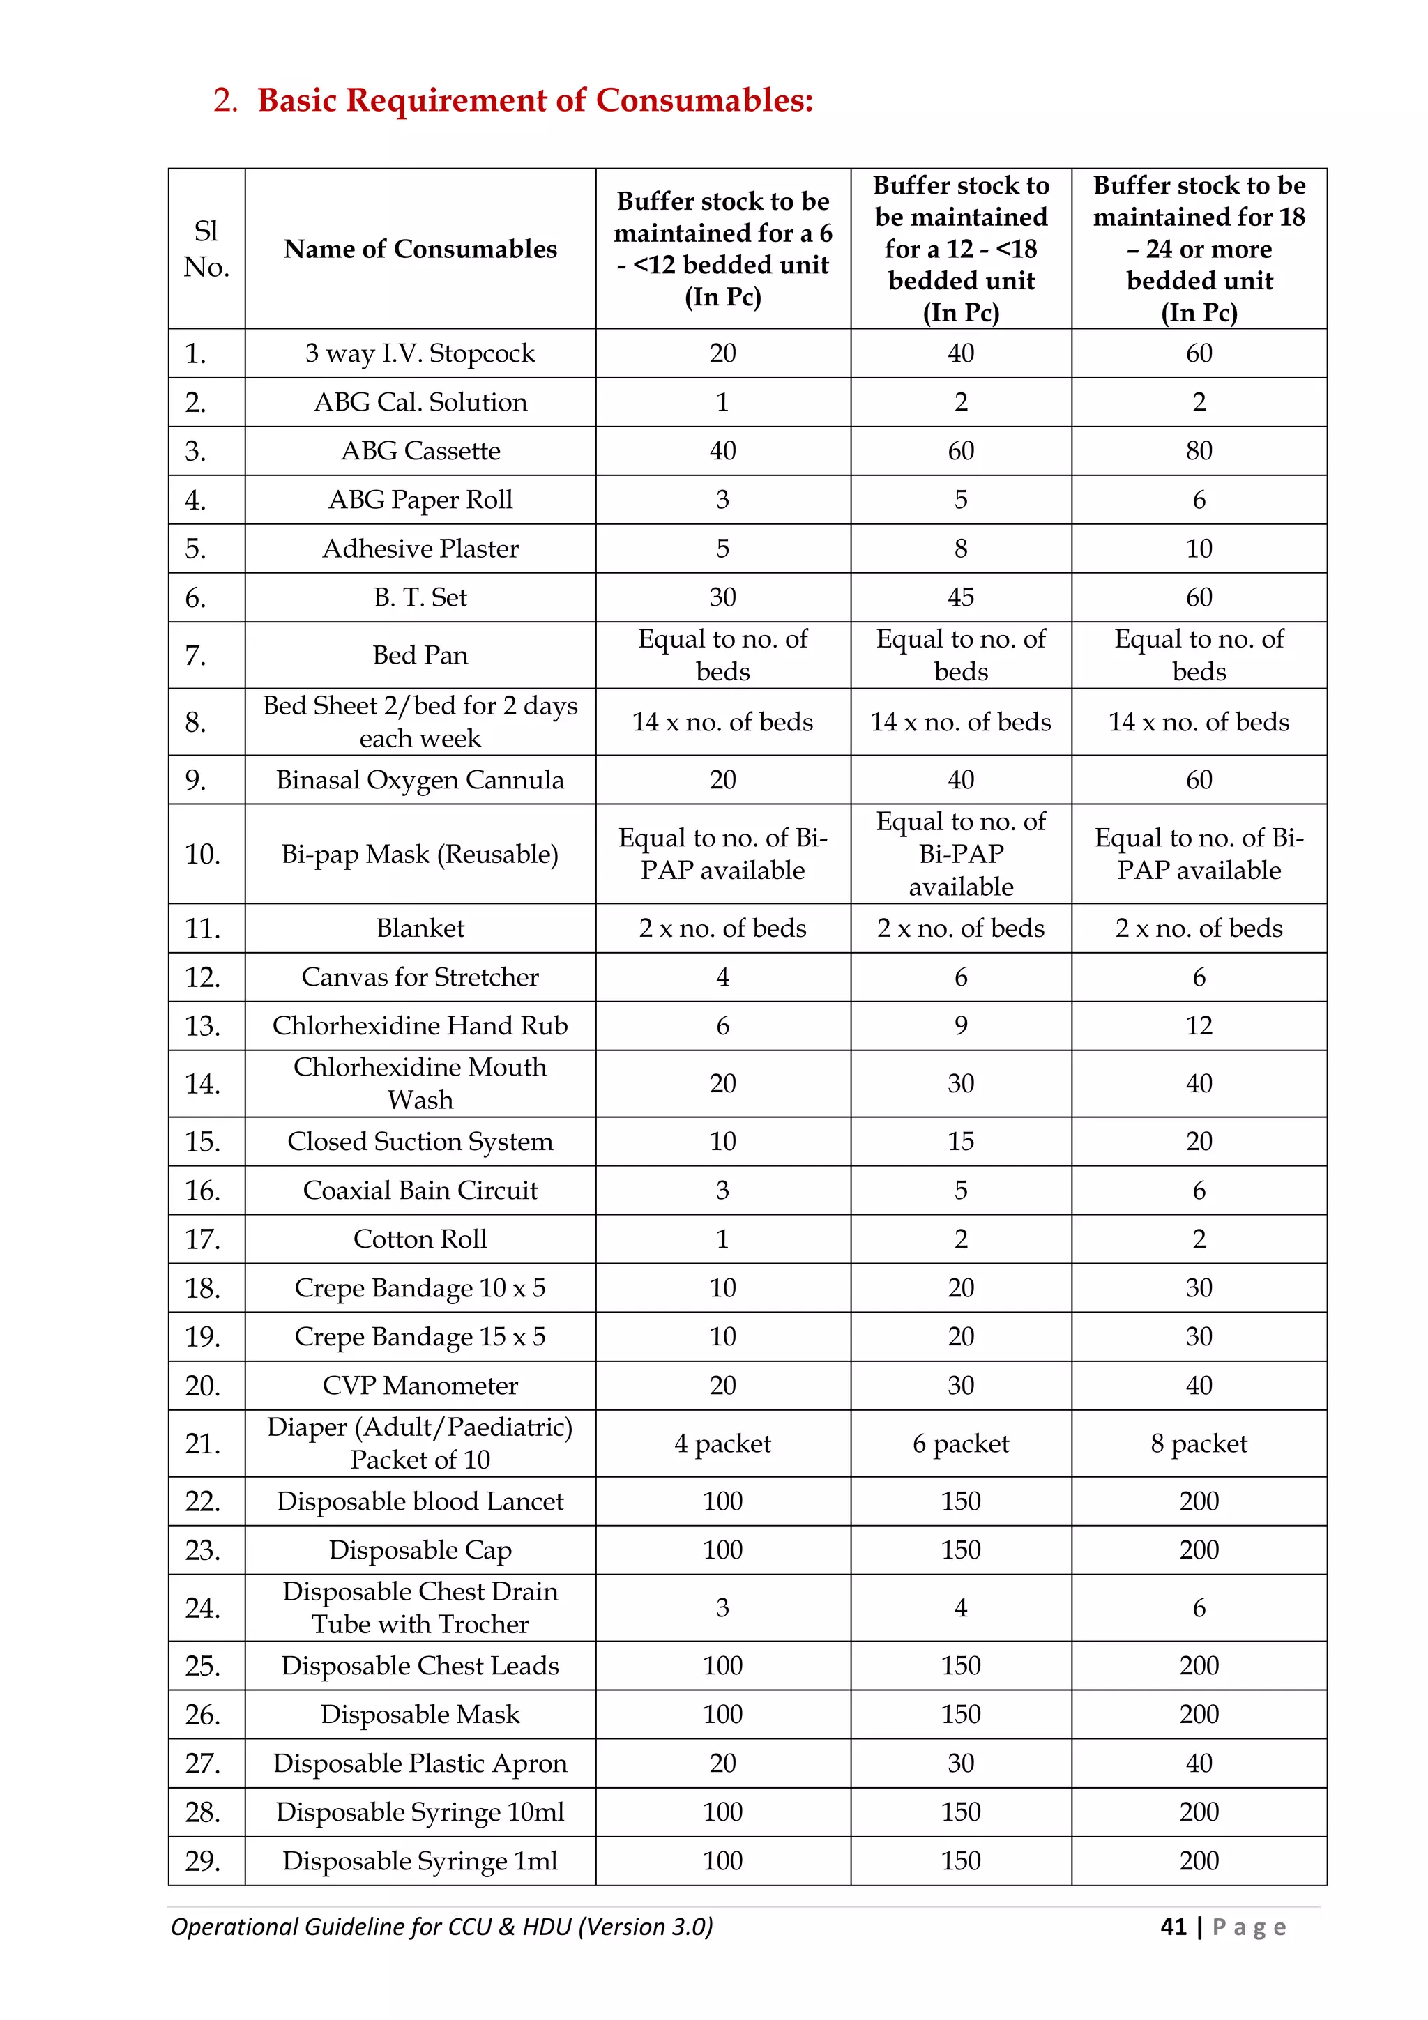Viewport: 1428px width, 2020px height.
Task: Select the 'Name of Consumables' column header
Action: tap(420, 249)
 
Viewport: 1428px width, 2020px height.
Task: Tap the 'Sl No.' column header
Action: tap(207, 249)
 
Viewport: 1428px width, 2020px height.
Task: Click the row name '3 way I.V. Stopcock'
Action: tap(420, 353)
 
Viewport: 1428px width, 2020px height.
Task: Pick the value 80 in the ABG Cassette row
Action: tap(1199, 452)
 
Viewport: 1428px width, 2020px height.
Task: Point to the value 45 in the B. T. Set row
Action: tap(960, 597)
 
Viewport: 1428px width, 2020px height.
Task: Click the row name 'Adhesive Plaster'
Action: tap(420, 549)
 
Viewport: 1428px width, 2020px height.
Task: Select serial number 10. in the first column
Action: tap(202, 855)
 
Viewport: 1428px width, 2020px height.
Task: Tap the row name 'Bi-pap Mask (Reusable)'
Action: tap(420, 855)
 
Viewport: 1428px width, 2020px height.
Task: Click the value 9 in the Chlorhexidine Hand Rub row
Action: tap(960, 1026)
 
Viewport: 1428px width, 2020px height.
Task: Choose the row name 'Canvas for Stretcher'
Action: tap(420, 977)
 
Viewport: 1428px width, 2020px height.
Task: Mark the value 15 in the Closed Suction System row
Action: tap(960, 1142)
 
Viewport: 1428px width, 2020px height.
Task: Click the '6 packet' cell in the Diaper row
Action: tap(960, 1444)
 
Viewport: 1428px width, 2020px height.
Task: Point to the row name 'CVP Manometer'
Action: tap(420, 1386)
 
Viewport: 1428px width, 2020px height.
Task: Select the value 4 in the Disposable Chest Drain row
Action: tap(960, 1608)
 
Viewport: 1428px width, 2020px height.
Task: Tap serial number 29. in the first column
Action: tap(202, 1861)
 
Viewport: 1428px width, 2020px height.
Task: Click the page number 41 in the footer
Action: tap(1173, 1927)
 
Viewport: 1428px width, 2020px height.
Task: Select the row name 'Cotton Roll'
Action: tap(420, 1239)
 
